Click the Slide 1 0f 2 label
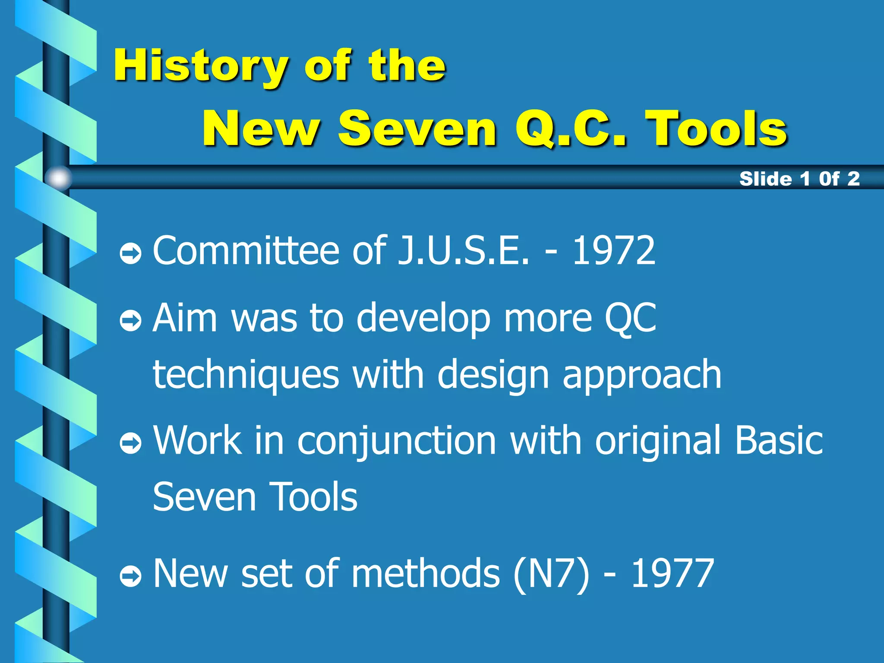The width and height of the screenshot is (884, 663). [799, 179]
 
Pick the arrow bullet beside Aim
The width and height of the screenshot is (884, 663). [130, 320]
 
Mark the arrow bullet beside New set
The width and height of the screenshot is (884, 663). [130, 576]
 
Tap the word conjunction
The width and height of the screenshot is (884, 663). [397, 441]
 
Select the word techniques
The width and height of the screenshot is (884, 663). [246, 375]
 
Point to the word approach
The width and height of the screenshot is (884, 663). [642, 375]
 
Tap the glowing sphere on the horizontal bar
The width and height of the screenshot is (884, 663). [59, 178]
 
